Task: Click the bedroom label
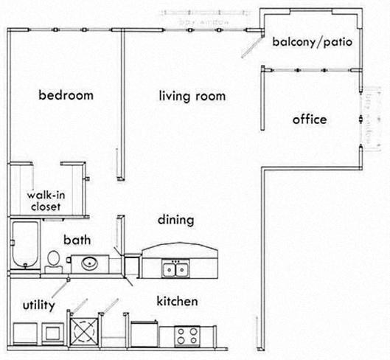pyautogui.click(x=66, y=95)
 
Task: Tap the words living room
pyautogui.click(x=192, y=97)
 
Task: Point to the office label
pyautogui.click(x=309, y=120)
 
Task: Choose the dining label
pyautogui.click(x=175, y=220)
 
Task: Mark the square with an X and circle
pyautogui.click(x=84, y=329)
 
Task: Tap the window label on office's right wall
pyautogui.click(x=365, y=118)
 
